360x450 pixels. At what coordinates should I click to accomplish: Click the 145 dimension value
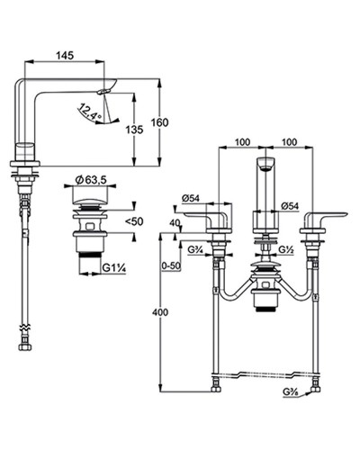[65, 56]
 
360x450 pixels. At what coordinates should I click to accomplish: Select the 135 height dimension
[134, 130]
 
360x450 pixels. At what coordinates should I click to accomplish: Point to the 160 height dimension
[159, 122]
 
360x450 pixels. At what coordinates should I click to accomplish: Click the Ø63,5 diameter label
[91, 180]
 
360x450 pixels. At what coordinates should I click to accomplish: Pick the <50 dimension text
[134, 221]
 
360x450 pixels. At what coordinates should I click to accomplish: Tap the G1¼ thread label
[113, 268]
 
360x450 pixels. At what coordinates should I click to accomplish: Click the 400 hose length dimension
[160, 312]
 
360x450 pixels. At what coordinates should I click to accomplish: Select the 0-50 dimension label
[170, 265]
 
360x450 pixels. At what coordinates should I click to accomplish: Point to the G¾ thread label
[196, 250]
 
